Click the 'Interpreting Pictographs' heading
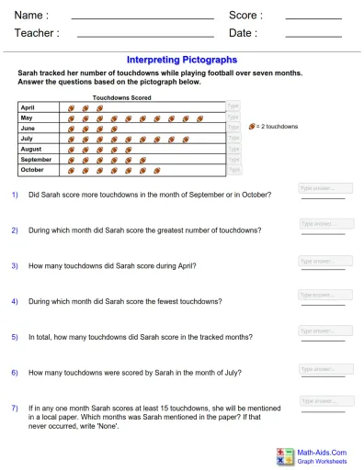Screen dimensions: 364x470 tap(181, 60)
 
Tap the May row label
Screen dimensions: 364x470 tap(27, 118)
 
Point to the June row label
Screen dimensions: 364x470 tap(28, 129)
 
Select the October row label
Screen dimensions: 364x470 tap(32, 170)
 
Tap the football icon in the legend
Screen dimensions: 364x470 tap(253, 126)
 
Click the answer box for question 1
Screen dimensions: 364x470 tap(325, 188)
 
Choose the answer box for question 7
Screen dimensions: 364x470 tap(325, 402)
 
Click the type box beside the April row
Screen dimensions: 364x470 tap(234, 107)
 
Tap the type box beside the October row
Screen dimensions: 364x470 tap(234, 170)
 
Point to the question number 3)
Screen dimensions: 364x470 tap(15, 266)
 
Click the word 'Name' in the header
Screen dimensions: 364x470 tap(30, 16)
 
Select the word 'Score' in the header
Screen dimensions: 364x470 tap(245, 16)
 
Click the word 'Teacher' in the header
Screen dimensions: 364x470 tap(37, 33)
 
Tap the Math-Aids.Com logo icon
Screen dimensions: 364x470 tap(284, 456)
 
